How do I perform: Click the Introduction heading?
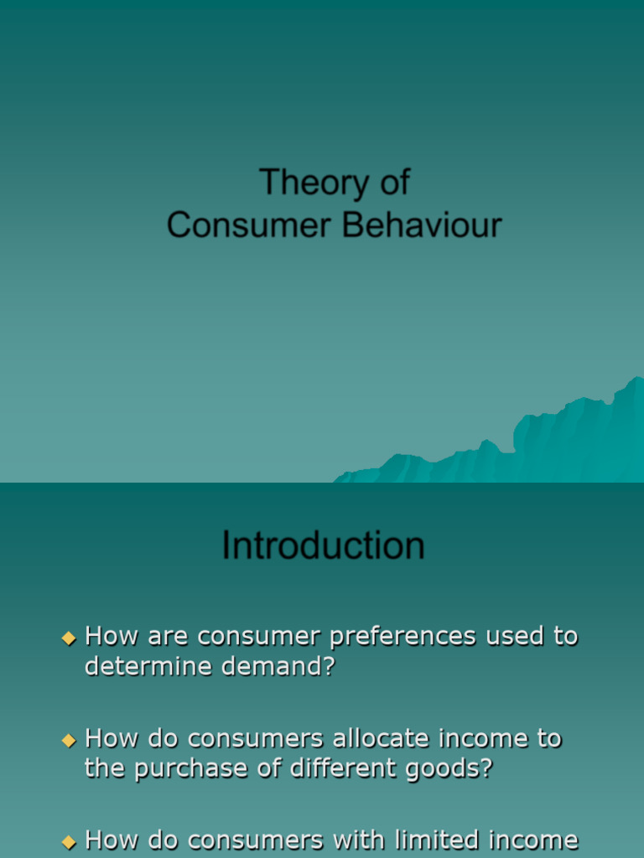(323, 545)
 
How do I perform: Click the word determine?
(142, 668)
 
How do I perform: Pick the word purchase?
(198, 769)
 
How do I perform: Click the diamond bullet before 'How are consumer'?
(69, 638)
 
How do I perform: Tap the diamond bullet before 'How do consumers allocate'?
(69, 740)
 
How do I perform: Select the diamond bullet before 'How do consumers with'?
(69, 841)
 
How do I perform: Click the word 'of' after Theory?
(392, 183)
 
